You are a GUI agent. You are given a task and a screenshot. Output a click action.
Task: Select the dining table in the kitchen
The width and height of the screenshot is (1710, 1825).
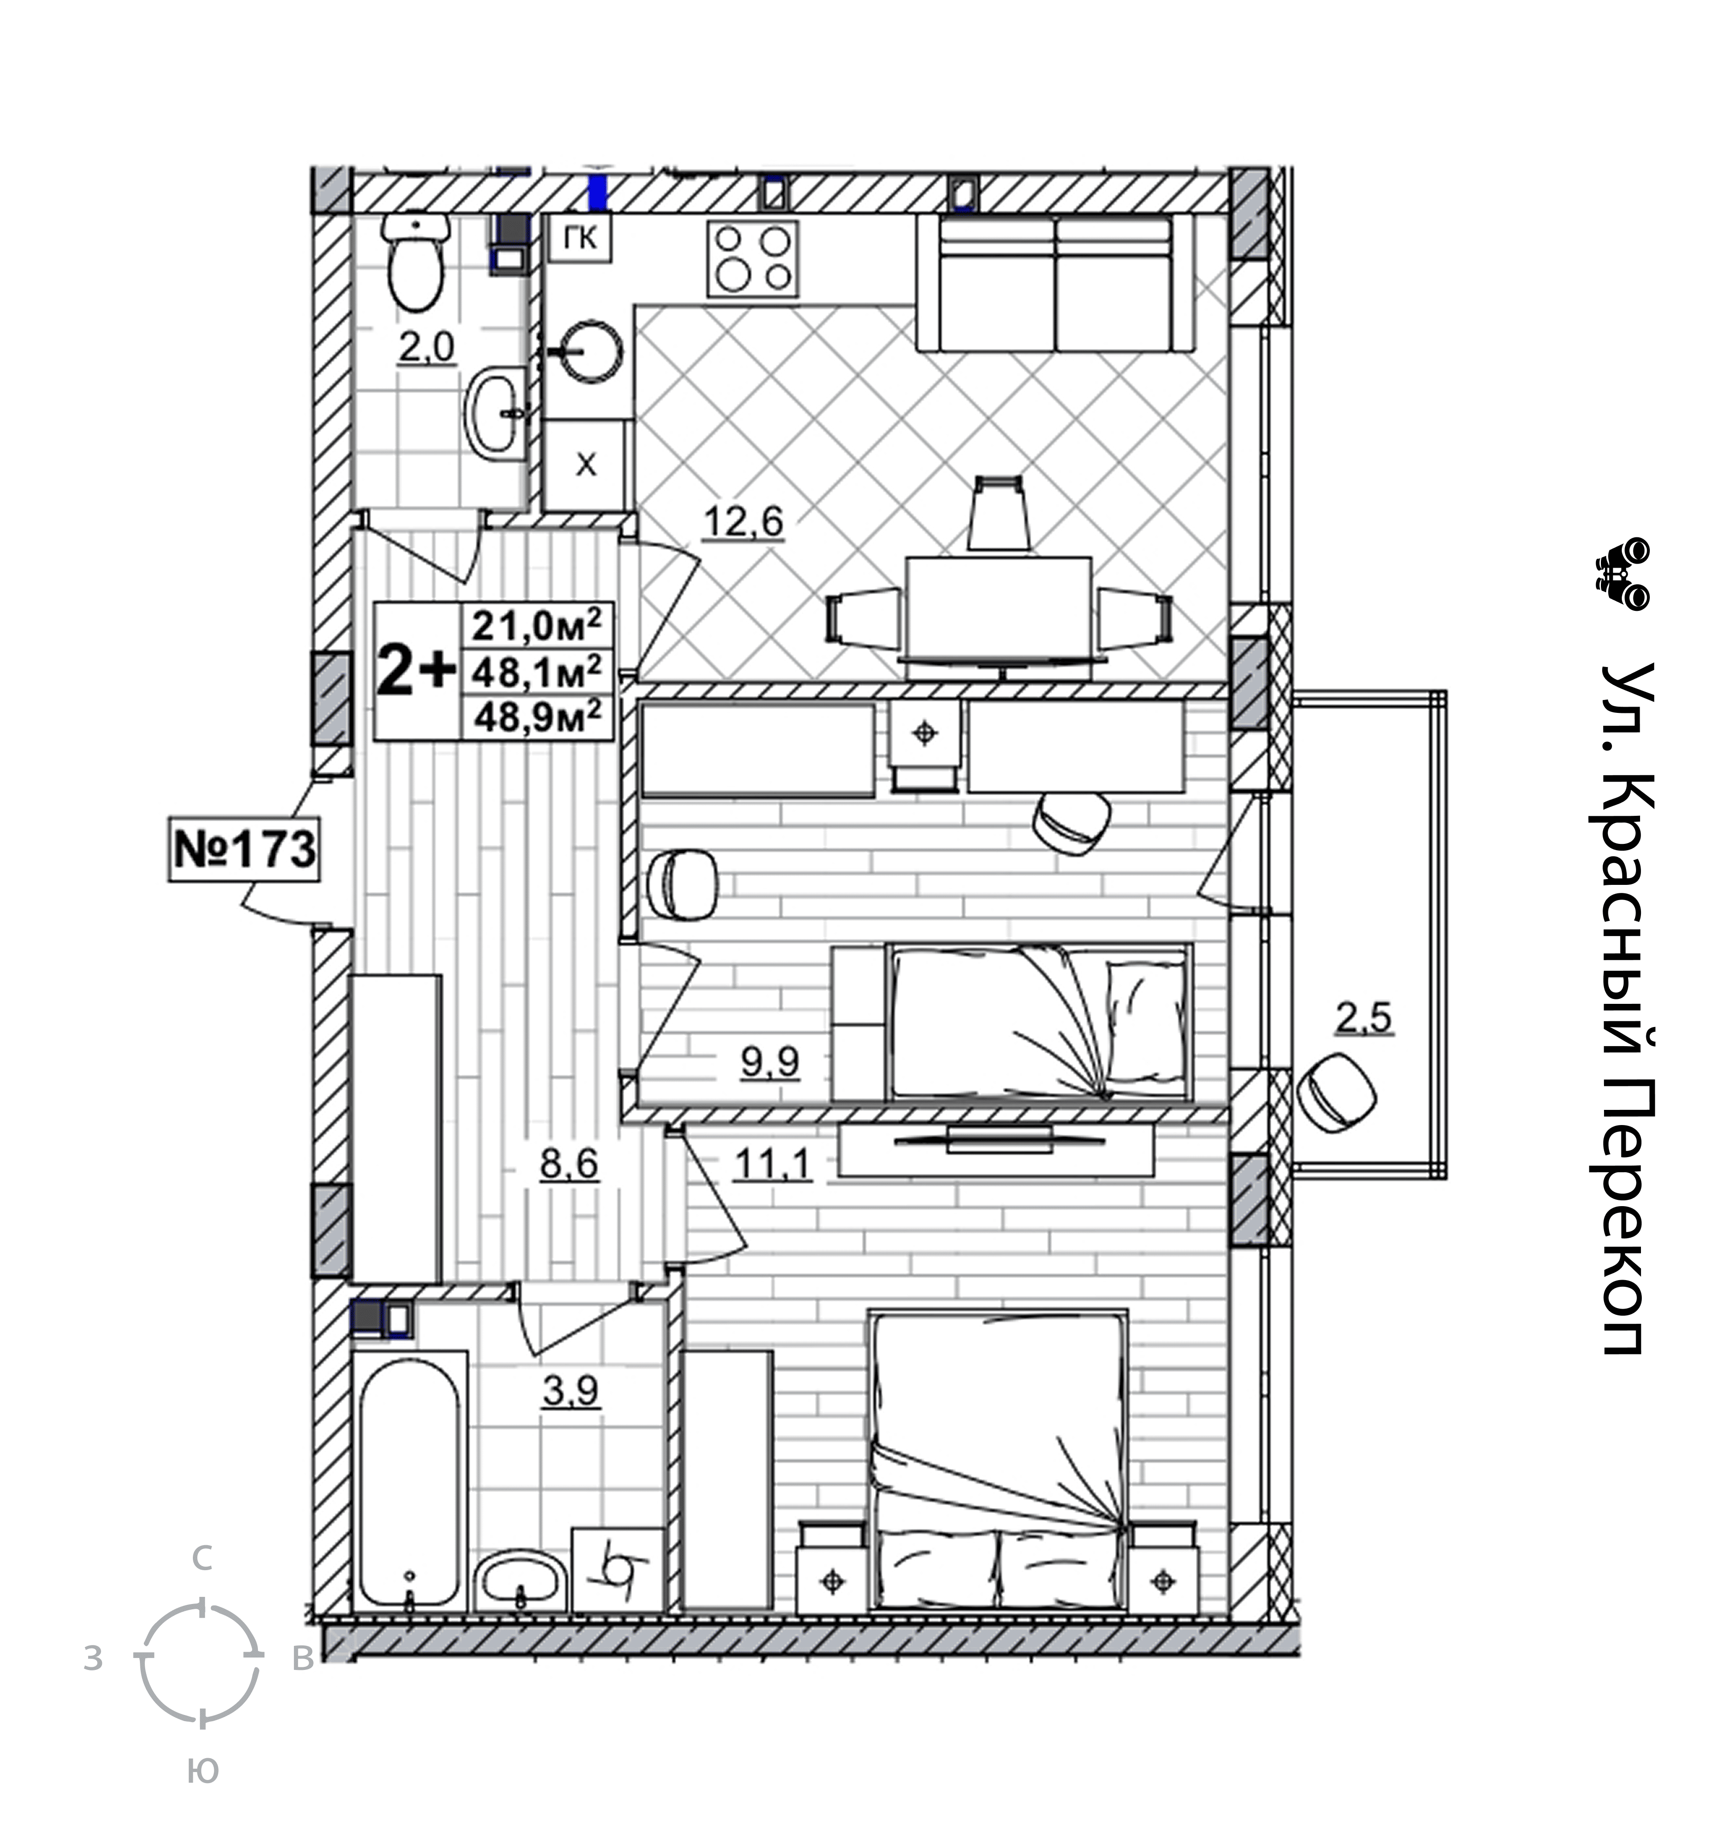point(999,606)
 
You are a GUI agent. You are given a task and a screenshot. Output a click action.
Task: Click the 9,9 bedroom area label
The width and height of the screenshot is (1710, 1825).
point(770,1062)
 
